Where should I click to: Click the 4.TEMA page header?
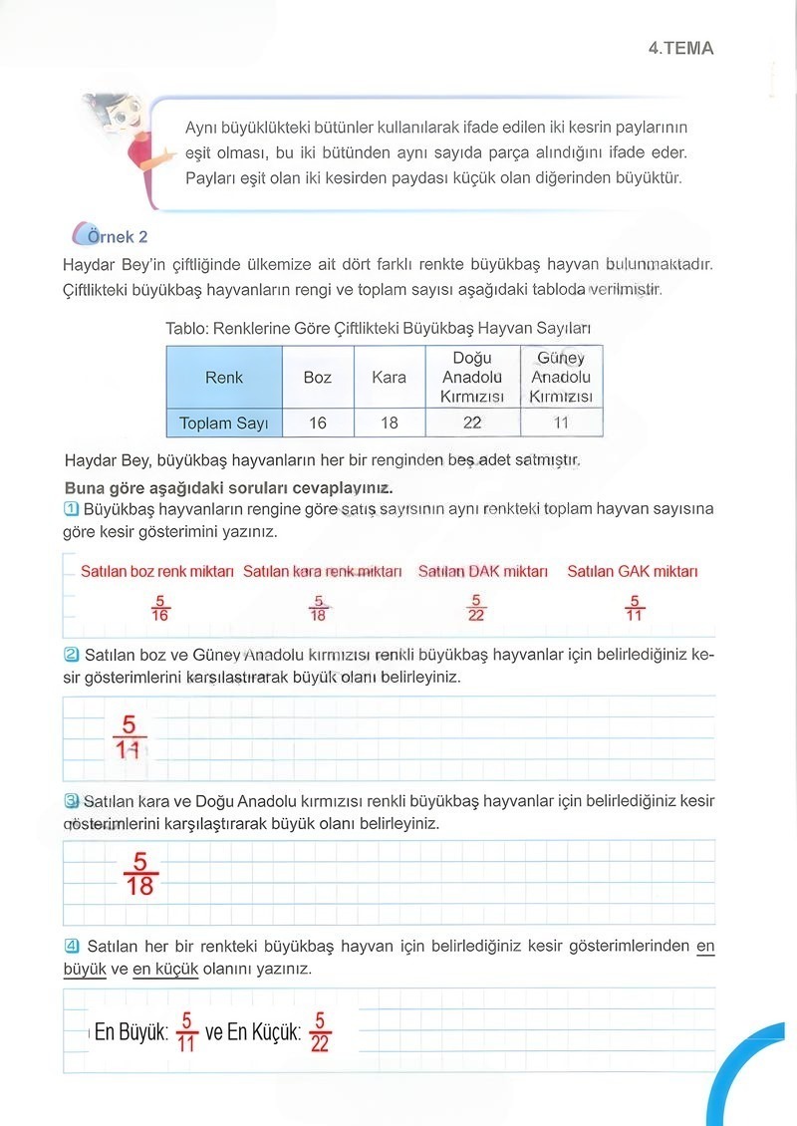pos(680,48)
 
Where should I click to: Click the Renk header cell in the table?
pos(224,378)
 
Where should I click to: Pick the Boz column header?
pos(318,378)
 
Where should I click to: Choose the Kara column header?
pos(389,378)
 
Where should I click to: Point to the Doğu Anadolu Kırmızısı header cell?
pos(472,378)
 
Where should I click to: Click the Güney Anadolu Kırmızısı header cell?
pos(561,378)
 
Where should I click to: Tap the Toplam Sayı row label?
pos(224,422)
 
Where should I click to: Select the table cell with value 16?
pos(318,422)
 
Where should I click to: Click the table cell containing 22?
pos(472,422)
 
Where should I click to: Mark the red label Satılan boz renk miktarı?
pos(157,572)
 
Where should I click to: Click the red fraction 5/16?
pos(159,608)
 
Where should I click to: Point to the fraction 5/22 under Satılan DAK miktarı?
pos(476,608)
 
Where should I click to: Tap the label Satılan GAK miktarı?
pos(633,572)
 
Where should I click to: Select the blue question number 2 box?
pos(72,655)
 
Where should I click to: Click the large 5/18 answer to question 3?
pos(140,873)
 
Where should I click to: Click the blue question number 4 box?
pos(72,945)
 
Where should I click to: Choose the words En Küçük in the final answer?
pos(264,1033)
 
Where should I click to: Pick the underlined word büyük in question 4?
pos(84,969)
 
